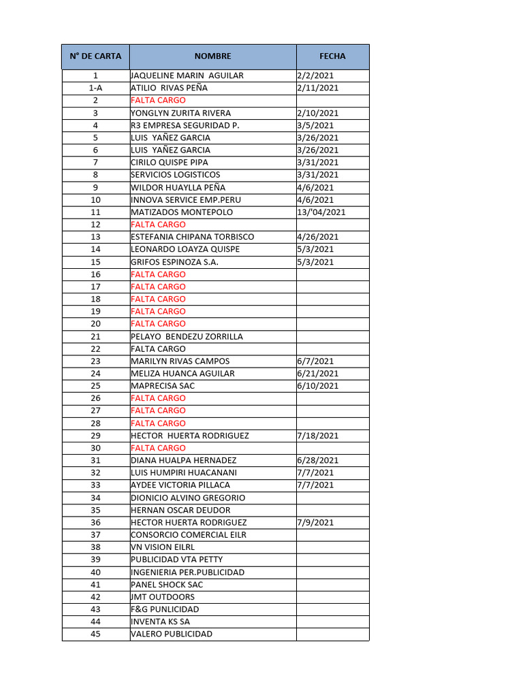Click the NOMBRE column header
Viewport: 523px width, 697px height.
[x=212, y=56]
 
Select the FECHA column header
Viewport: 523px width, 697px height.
[x=332, y=56]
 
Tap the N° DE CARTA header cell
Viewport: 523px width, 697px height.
[x=95, y=56]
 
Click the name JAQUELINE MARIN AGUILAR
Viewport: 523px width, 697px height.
[x=187, y=76]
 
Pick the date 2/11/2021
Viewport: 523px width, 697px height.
[x=317, y=88]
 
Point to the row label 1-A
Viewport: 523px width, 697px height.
[x=95, y=88]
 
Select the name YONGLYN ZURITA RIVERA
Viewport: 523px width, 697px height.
[x=180, y=113]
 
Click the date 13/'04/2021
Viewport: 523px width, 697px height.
[x=321, y=212]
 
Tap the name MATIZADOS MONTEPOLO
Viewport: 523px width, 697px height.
[x=181, y=212]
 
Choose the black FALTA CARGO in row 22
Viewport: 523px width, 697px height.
[x=158, y=349]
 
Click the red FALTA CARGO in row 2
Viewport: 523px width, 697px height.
[x=158, y=101]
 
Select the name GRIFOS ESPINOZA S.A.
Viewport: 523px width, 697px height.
[x=174, y=262]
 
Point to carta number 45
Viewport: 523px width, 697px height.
[x=95, y=634]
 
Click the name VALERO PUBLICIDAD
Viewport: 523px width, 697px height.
[x=171, y=634]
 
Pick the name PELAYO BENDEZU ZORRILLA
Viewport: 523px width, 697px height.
[x=187, y=337]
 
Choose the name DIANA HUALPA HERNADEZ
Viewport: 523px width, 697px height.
[x=183, y=461]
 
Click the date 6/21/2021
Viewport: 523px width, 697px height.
[x=317, y=374]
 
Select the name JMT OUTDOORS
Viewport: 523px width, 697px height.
[x=162, y=597]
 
